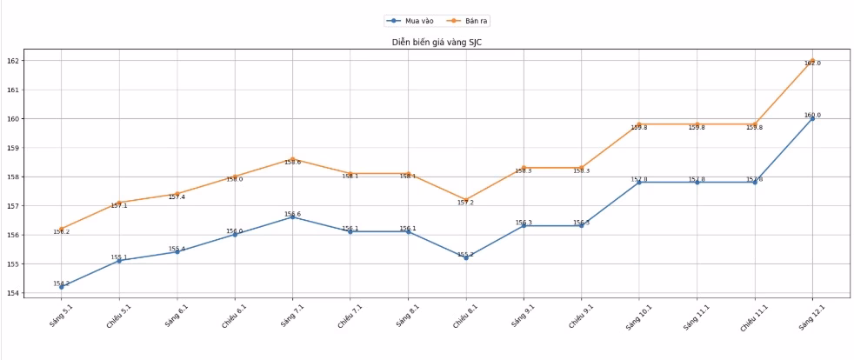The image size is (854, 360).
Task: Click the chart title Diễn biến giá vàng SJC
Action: click(x=436, y=43)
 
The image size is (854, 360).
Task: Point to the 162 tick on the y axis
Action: click(x=12, y=61)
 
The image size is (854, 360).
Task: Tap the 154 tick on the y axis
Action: click(x=12, y=293)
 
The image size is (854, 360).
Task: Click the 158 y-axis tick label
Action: click(x=12, y=177)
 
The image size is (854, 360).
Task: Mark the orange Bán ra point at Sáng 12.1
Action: click(x=812, y=61)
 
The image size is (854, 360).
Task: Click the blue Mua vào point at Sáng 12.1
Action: click(x=812, y=118)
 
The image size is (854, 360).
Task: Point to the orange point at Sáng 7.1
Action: click(x=292, y=159)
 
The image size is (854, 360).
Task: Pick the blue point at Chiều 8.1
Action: click(x=466, y=257)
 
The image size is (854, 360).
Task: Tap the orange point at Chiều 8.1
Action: click(x=466, y=200)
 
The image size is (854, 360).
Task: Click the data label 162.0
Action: click(x=812, y=63)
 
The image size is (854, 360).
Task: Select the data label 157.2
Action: click(x=466, y=203)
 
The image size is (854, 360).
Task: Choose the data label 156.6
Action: click(x=292, y=214)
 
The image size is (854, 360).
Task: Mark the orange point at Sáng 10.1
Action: click(x=638, y=124)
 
